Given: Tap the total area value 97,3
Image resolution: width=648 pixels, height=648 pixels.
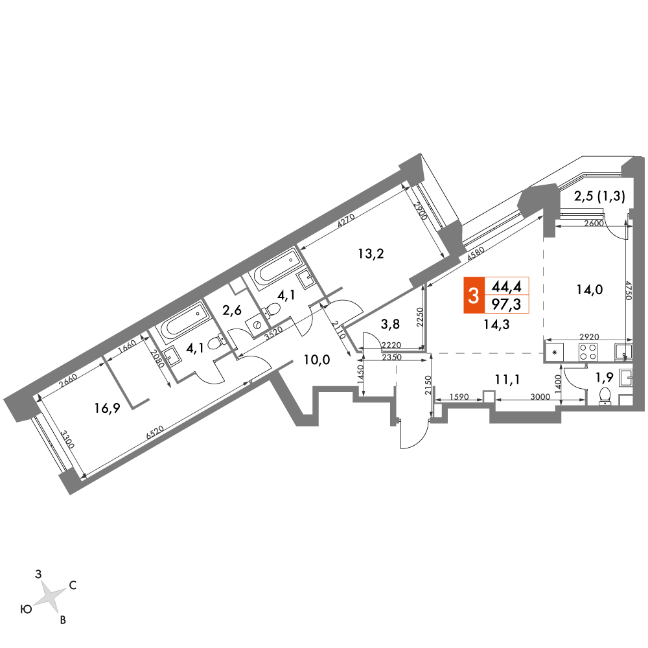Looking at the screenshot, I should (507, 304).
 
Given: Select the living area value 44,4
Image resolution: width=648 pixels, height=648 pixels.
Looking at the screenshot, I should (507, 286).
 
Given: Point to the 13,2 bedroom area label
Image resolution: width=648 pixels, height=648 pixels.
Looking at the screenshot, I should (371, 253).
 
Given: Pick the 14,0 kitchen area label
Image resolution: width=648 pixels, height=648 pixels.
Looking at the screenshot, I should (589, 290).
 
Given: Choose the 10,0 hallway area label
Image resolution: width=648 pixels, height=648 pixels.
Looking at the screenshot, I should (318, 360).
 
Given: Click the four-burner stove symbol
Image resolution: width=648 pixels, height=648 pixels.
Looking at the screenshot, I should (588, 353).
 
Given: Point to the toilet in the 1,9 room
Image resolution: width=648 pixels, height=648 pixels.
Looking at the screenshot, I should (606, 395).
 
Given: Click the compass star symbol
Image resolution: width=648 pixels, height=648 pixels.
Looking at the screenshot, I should (49, 594).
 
